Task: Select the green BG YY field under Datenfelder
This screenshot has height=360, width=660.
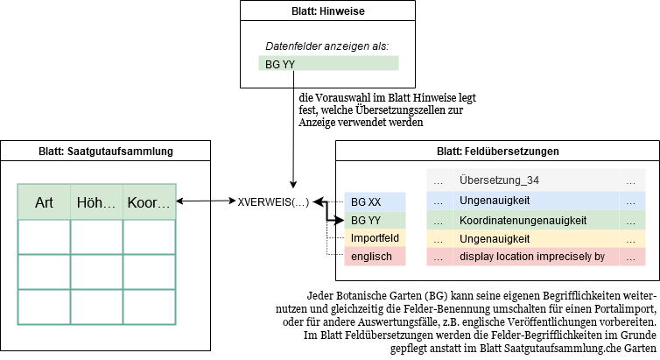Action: click(332, 63)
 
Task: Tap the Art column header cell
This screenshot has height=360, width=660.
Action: click(44, 202)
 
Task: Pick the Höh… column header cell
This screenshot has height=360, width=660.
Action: click(96, 202)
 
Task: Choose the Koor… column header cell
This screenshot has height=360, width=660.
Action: click(149, 202)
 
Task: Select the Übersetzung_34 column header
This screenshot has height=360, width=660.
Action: click(498, 181)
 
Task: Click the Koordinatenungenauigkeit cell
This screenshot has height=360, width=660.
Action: click(523, 220)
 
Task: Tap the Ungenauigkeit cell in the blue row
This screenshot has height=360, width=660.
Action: click(495, 201)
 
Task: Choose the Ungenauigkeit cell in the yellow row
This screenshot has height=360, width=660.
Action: click(495, 238)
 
